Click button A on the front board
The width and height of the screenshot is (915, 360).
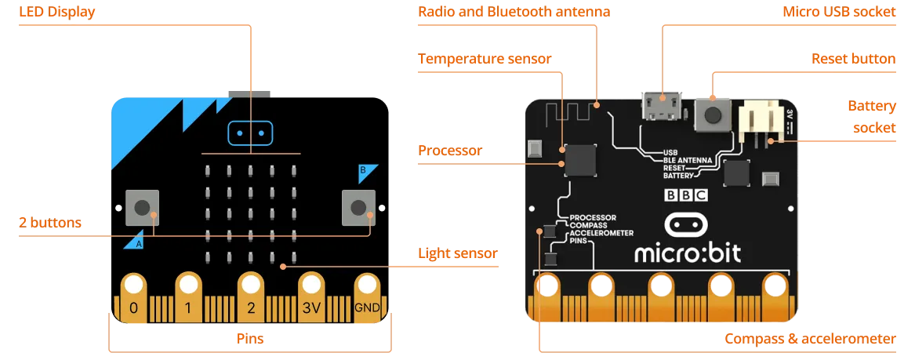pos(143,207)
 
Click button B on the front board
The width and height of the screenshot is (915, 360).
pos(358,207)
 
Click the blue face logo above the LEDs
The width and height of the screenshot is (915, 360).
pos(251,133)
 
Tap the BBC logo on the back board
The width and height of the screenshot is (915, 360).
pos(686,196)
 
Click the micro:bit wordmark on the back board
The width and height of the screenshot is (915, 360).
pos(687,253)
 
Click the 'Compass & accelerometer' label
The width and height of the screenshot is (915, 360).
pos(809,339)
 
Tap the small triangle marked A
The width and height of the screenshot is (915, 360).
pos(134,240)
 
